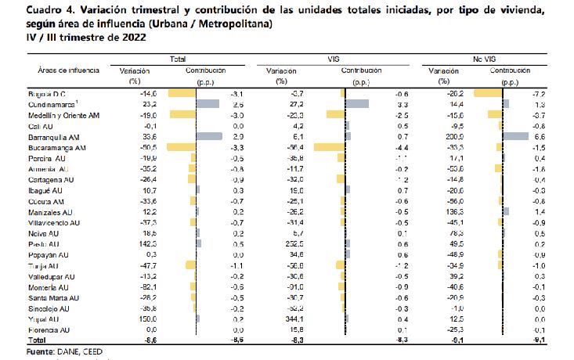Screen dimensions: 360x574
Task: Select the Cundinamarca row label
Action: (x=42, y=103)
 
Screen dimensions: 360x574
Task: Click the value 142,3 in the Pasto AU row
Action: (x=126, y=244)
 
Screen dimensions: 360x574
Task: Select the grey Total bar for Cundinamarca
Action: (x=208, y=103)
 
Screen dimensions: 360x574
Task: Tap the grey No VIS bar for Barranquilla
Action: (x=517, y=136)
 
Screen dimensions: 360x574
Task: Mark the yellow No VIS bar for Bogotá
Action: (x=489, y=93)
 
